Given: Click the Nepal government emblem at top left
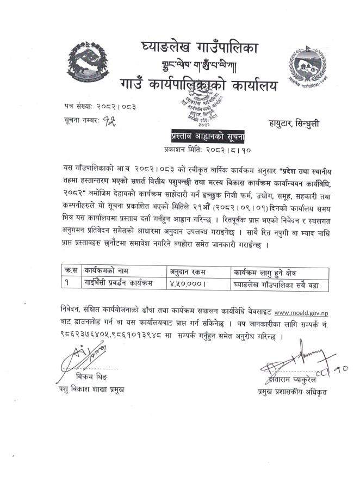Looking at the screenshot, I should tap(88, 61).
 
